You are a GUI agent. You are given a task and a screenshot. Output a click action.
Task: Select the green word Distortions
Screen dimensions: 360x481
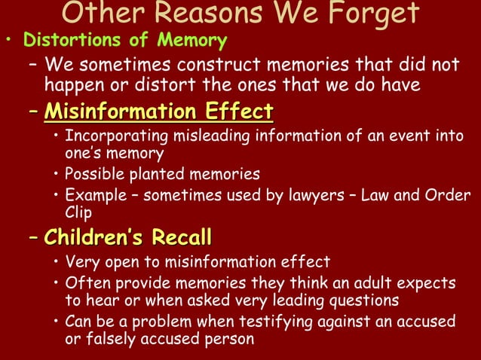click(x=66, y=39)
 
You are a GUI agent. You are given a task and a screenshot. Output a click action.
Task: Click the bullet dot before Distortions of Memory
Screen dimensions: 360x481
click(x=8, y=40)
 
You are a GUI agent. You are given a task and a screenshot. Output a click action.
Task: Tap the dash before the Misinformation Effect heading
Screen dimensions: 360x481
click(x=32, y=113)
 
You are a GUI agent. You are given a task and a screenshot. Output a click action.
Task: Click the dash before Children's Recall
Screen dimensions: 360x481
click(x=32, y=238)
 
